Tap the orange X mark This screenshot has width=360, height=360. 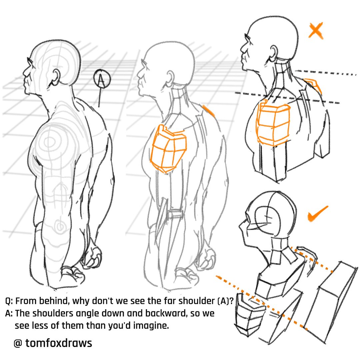(316, 30)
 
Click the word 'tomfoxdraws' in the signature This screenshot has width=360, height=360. (59, 343)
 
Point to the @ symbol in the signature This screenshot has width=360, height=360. (18, 343)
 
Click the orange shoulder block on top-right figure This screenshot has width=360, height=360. (273, 124)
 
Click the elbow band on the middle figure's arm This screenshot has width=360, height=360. (175, 214)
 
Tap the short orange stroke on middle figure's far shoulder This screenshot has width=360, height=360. (208, 110)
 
